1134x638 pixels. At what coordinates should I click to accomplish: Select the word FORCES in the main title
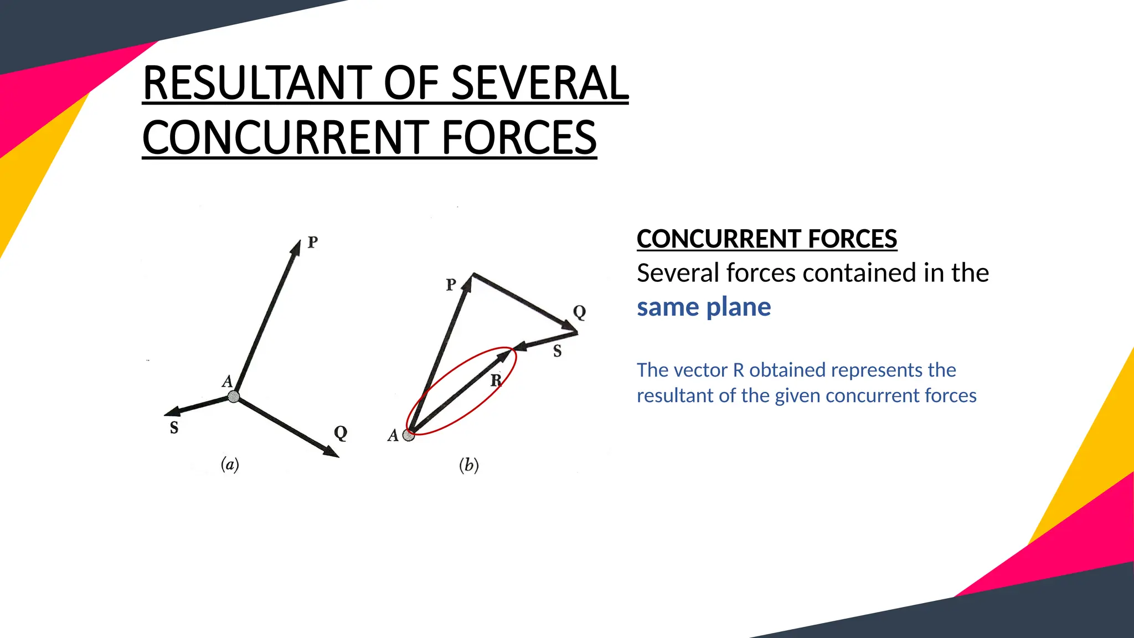point(519,138)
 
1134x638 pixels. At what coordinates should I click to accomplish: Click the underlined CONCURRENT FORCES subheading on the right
point(766,239)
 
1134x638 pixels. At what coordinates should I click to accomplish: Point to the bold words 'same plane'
point(703,307)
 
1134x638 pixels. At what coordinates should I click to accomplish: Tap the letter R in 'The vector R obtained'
point(739,370)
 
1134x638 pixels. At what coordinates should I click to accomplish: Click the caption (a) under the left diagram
point(230,464)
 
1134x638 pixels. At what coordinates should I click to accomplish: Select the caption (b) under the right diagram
point(468,465)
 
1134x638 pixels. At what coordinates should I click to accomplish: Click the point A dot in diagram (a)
point(234,397)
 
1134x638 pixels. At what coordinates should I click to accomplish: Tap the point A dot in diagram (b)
point(409,435)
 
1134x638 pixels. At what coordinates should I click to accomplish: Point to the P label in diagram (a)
point(313,242)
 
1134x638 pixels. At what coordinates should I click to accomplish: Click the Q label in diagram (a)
point(341,433)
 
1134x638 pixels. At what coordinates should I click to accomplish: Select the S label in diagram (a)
point(174,428)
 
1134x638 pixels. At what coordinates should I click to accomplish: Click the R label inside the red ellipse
point(496,380)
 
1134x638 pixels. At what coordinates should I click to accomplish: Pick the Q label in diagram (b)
point(579,312)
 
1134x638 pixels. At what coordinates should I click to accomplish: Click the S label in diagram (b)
point(557,351)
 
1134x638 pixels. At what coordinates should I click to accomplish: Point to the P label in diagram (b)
point(451,285)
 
